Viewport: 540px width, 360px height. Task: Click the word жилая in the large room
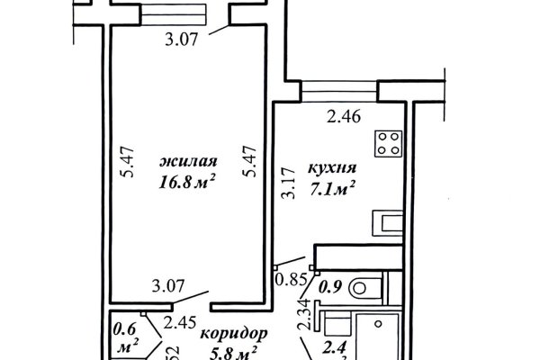(187, 162)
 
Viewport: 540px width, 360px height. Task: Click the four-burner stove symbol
(388, 142)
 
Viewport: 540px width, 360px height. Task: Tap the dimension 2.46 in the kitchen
(343, 115)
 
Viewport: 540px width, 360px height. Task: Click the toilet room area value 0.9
(329, 289)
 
